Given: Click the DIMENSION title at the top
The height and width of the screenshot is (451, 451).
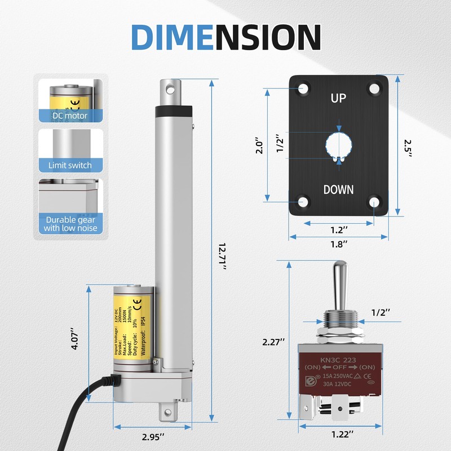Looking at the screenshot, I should [225, 37].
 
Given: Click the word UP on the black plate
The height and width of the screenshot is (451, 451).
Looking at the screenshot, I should [338, 98].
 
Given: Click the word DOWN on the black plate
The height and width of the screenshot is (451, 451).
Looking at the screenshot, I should [338, 189].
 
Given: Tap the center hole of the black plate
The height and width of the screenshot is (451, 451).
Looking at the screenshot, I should [338, 144].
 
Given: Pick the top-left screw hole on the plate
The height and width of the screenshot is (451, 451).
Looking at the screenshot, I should [304, 89].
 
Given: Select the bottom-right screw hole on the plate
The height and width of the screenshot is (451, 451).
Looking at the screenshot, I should [373, 201].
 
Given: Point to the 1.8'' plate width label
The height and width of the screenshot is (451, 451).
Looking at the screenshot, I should [338, 244].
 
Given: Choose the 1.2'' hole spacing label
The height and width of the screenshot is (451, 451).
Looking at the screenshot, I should [338, 229].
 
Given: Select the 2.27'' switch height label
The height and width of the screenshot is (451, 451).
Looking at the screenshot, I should [275, 342].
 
